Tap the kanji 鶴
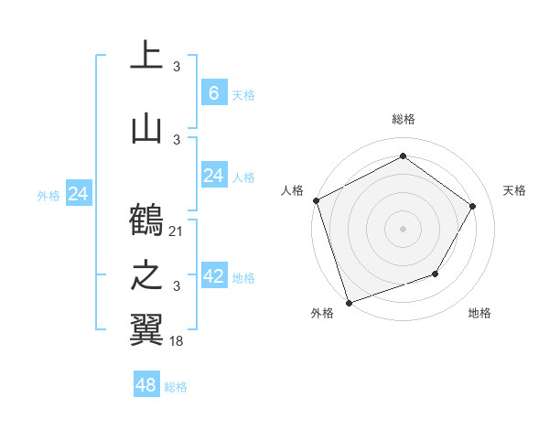point(146,220)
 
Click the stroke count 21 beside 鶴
point(177,231)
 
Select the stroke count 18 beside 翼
point(177,340)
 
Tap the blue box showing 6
point(213,92)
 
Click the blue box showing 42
point(213,275)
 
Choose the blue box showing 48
point(146,385)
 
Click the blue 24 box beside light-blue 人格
point(213,175)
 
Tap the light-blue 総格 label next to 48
point(176,387)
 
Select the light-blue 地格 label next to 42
point(243,277)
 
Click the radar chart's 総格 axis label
point(403,119)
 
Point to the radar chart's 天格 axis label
point(514,190)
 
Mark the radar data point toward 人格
point(316,200)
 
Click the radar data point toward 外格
point(349,302)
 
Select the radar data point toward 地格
point(436,274)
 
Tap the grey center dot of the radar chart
point(403,229)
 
